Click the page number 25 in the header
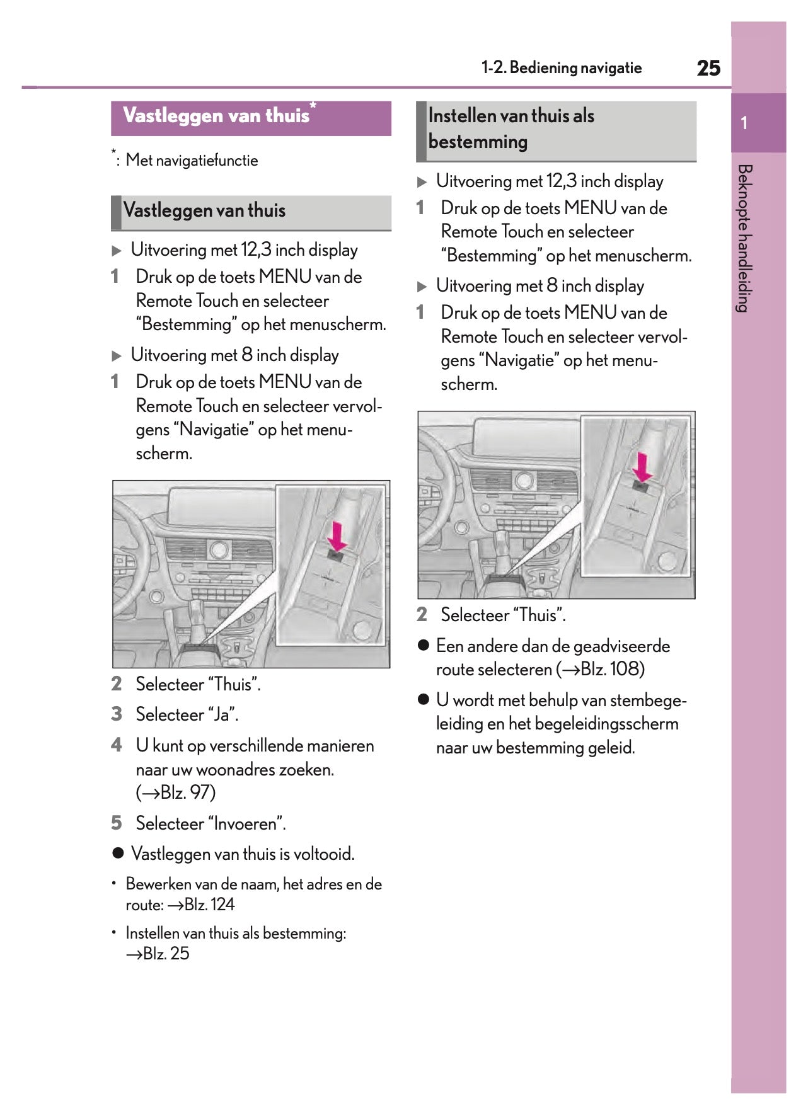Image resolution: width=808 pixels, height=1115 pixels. tap(708, 68)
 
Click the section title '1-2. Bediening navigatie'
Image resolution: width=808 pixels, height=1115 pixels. tap(561, 68)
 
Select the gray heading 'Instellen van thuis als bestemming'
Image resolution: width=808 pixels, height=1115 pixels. tap(511, 129)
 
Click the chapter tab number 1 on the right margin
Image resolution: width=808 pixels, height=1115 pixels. tap(744, 123)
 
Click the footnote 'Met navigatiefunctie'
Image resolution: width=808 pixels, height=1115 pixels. tap(192, 161)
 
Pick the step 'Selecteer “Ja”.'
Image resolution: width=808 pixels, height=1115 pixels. tap(187, 715)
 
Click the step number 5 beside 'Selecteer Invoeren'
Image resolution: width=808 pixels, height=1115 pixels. tap(116, 823)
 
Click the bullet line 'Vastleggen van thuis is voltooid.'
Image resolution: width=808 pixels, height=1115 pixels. tap(243, 854)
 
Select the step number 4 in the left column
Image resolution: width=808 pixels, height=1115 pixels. tap(116, 745)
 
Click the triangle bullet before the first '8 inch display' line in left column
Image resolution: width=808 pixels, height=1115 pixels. tap(117, 356)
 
